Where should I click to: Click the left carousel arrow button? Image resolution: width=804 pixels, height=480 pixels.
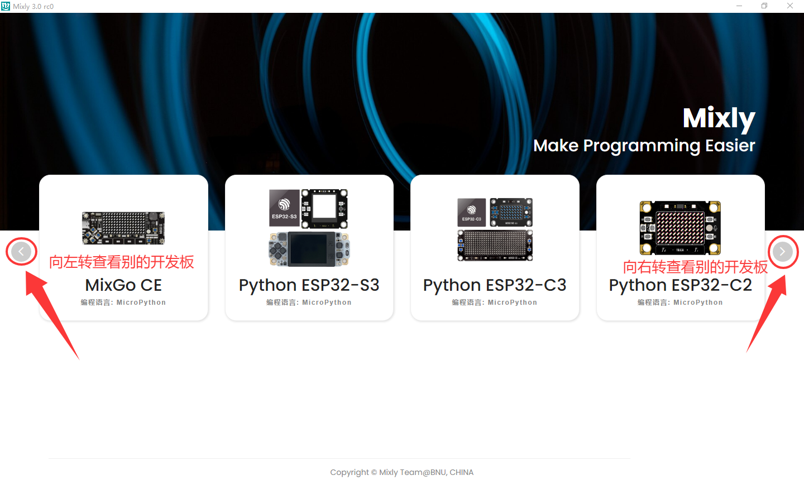[x=21, y=252]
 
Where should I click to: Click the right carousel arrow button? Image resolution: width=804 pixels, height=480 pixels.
[x=783, y=252]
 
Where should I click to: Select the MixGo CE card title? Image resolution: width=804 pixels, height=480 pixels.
[x=123, y=285]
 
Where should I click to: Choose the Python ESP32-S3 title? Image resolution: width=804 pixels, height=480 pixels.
[x=309, y=286]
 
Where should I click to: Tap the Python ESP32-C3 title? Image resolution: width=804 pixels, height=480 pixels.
[x=495, y=286]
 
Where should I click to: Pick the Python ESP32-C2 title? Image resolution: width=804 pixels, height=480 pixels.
[x=680, y=286]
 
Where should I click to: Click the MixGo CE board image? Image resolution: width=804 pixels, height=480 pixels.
[x=123, y=228]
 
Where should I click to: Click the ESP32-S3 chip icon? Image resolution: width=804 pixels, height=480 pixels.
[x=284, y=208]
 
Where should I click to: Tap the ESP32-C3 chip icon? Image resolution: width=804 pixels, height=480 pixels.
[x=471, y=213]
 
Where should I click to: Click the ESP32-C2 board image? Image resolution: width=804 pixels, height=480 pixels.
[x=680, y=228]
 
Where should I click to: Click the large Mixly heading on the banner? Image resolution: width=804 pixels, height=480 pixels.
[x=719, y=118]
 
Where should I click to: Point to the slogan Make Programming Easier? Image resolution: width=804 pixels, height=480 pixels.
[x=644, y=146]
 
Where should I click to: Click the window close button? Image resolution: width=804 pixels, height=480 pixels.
[x=790, y=6]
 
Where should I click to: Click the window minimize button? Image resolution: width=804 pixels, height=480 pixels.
[x=739, y=6]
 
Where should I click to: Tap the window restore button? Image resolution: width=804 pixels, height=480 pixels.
[x=764, y=6]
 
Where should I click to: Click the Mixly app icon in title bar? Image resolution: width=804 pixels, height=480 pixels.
[x=6, y=6]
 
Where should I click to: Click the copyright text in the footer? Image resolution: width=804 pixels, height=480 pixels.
[x=401, y=472]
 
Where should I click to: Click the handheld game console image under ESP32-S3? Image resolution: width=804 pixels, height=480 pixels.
[x=309, y=249]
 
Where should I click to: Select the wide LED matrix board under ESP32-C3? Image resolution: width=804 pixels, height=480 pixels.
[x=495, y=246]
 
